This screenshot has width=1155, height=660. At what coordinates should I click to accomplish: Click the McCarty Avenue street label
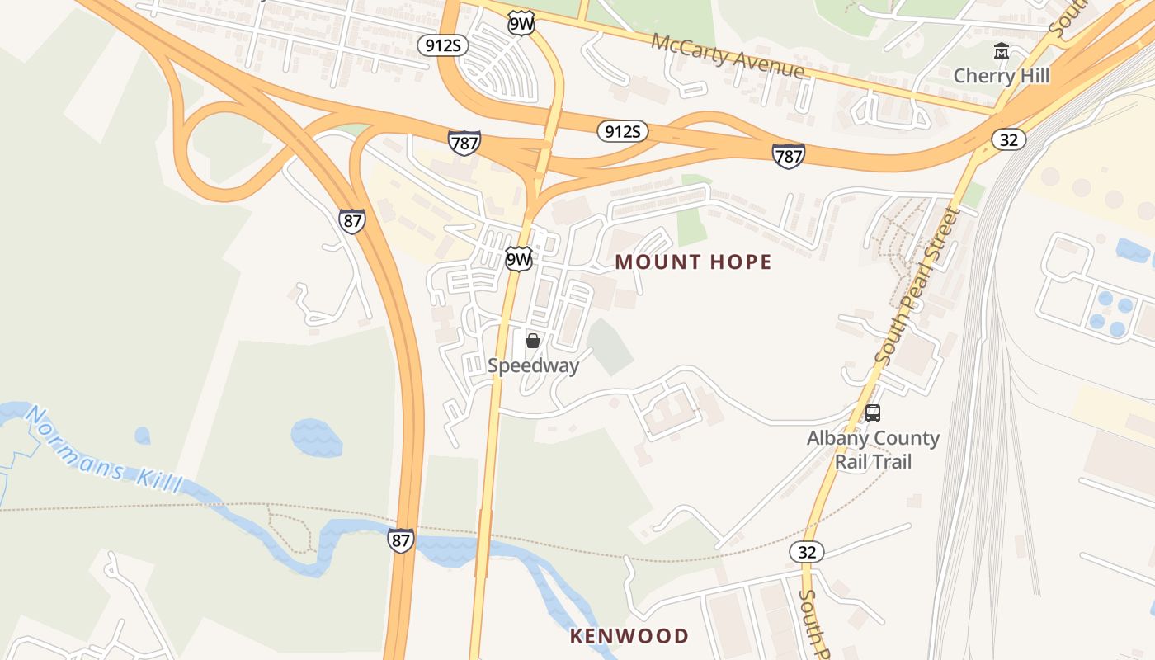pyautogui.click(x=727, y=56)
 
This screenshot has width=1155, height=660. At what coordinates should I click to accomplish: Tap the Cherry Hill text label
pyautogui.click(x=1001, y=76)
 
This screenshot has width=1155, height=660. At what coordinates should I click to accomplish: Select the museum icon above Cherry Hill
pyautogui.click(x=1002, y=52)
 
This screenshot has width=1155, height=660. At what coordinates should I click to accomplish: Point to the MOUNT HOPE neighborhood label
pyautogui.click(x=693, y=262)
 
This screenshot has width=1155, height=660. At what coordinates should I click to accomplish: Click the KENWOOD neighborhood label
pyautogui.click(x=629, y=636)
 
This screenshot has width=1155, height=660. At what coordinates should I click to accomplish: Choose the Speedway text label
pyautogui.click(x=533, y=365)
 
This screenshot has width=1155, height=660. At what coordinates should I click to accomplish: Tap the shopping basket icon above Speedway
pyautogui.click(x=533, y=341)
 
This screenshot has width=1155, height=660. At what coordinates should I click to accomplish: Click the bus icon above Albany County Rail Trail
pyautogui.click(x=873, y=413)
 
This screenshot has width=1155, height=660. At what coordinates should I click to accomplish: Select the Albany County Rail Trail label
pyautogui.click(x=873, y=450)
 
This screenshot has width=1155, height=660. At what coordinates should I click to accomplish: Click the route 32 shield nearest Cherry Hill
pyautogui.click(x=1008, y=139)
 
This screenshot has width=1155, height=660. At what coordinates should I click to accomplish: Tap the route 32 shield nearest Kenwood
pyautogui.click(x=806, y=552)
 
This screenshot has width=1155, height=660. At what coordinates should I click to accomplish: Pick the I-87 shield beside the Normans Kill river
pyautogui.click(x=401, y=541)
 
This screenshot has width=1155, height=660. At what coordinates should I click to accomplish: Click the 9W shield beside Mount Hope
pyautogui.click(x=518, y=260)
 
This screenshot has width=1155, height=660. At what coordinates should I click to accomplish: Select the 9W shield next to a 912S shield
pyautogui.click(x=521, y=23)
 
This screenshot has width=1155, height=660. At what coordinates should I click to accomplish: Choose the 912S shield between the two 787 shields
pyautogui.click(x=622, y=131)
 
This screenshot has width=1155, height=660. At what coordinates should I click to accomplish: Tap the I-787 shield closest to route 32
pyautogui.click(x=788, y=155)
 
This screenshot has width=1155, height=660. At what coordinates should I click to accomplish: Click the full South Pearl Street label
pyautogui.click(x=917, y=287)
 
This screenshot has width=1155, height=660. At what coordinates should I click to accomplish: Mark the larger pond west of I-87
pyautogui.click(x=316, y=436)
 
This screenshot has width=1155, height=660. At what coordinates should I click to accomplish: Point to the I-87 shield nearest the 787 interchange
pyautogui.click(x=351, y=220)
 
